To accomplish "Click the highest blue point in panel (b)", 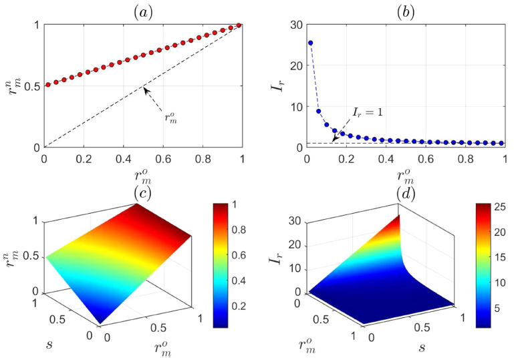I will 310,43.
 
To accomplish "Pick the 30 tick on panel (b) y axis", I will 291,25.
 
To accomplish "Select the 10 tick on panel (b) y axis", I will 291,107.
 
